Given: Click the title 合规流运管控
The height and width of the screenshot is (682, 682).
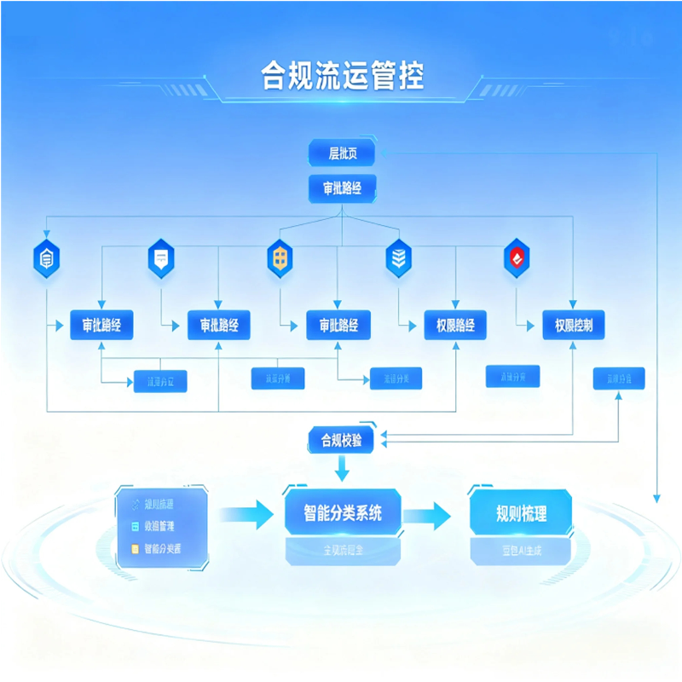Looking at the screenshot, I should [342, 77].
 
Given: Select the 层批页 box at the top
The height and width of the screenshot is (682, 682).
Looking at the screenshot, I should [341, 153].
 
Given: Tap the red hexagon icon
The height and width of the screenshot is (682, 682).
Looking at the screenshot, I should [517, 257].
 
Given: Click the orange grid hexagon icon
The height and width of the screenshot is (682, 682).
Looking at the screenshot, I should [280, 257].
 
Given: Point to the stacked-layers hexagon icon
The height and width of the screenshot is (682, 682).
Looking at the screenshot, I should [398, 257].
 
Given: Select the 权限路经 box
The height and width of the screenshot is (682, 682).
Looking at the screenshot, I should [455, 325].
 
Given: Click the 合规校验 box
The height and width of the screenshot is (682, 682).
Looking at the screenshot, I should [341, 440].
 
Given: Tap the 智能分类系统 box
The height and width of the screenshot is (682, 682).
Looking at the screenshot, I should [343, 513].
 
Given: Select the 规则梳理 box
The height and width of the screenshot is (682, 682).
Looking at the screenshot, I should [521, 513].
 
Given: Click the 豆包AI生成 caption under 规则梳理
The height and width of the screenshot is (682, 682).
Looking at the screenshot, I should [521, 552].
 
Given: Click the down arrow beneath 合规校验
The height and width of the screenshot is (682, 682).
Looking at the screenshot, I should [342, 467].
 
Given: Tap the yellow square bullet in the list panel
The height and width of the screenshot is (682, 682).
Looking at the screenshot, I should [134, 549].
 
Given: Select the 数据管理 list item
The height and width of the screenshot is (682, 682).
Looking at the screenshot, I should [163, 528].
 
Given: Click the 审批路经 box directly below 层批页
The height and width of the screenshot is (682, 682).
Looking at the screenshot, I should [341, 188].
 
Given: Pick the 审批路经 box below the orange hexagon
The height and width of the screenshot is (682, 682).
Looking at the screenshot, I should [338, 325].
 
